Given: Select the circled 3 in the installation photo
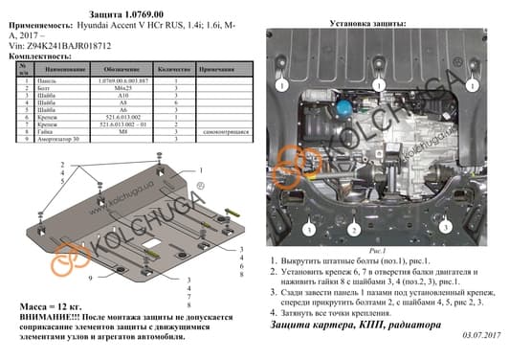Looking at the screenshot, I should tap(310, 231).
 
